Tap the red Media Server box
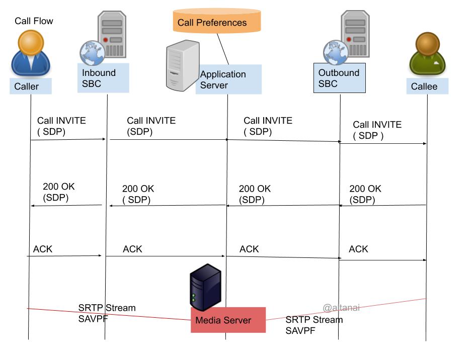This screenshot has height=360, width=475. point(228,320)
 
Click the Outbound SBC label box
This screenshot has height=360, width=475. point(339,78)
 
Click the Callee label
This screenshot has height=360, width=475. point(427,86)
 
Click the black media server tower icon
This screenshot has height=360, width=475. point(205,287)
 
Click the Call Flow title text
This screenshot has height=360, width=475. point(34,21)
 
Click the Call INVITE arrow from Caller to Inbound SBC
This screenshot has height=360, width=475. point(68,139)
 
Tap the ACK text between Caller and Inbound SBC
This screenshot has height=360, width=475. point(43,249)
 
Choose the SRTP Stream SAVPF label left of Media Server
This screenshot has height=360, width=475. point(107,313)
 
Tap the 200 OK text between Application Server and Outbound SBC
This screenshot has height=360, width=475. point(255,194)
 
